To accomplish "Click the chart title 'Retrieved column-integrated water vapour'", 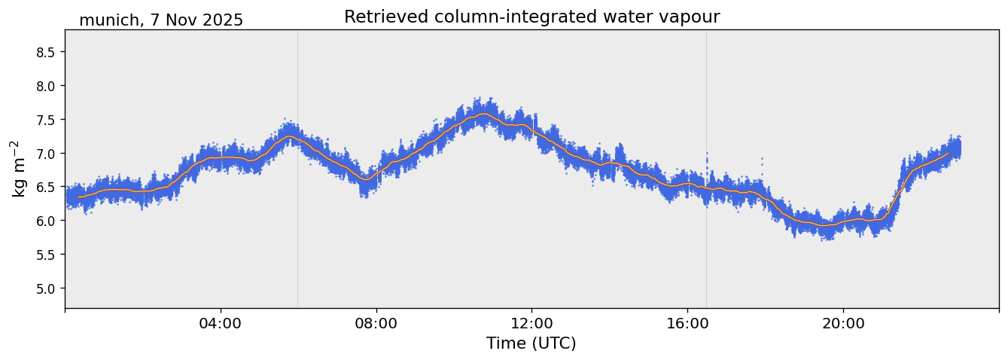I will (531, 17).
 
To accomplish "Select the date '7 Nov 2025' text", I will (196, 20).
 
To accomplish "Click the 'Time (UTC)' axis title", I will (531, 343).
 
